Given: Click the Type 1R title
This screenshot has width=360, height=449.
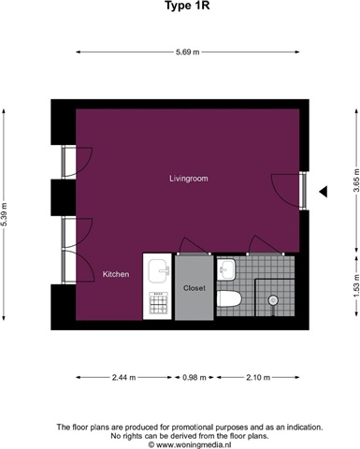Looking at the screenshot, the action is (187, 6).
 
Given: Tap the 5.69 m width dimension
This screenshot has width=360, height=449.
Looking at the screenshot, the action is (187, 52).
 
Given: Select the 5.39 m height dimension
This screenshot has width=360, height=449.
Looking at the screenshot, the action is (4, 214).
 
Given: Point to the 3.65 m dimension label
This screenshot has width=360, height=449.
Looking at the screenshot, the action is (356, 181).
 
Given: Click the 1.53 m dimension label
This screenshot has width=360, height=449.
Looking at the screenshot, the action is (356, 285).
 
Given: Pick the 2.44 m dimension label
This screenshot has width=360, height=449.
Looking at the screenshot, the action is (123, 378).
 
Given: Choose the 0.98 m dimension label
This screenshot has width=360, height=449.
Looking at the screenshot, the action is (194, 378).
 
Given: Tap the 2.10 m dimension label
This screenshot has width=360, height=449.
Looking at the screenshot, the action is (258, 378).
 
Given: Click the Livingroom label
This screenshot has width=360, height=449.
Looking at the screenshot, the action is (189, 179).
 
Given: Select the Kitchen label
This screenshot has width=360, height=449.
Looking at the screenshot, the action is (116, 274).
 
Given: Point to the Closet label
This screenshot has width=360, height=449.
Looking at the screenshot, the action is (194, 288).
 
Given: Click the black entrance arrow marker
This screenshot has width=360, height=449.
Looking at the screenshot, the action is (323, 192).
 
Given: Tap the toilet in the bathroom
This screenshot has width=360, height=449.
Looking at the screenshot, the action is (229, 298).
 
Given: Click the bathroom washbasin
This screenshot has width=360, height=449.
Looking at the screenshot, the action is (227, 268).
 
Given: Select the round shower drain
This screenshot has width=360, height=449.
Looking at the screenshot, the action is (273, 300).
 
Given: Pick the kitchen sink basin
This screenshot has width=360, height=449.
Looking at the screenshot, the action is (158, 270).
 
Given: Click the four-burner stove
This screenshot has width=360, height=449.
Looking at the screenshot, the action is (159, 303).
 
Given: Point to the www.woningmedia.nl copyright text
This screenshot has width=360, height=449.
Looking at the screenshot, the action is (190, 444).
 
